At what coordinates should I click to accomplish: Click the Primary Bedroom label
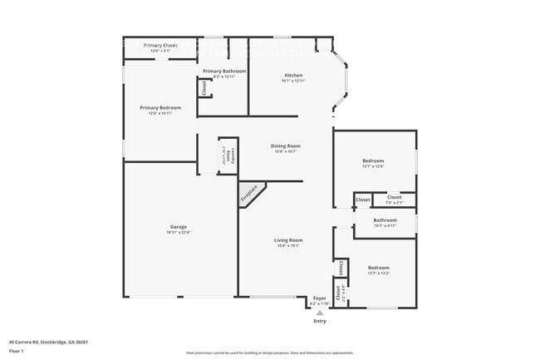tap(160, 108)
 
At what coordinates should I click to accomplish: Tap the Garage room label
tap(178, 226)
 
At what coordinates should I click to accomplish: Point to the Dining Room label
tap(284, 146)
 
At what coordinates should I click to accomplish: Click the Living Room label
tap(288, 240)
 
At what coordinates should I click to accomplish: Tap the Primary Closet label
tap(160, 45)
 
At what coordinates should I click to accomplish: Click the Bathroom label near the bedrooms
tap(385, 219)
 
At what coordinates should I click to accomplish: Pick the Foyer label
tap(320, 298)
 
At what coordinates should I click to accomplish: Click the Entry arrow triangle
tap(320, 313)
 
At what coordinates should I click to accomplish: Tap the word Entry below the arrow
tap(320, 321)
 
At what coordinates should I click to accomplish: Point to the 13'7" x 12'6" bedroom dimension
tap(372, 166)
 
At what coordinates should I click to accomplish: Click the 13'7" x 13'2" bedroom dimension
tap(379, 273)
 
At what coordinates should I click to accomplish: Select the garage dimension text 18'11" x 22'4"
tap(178, 232)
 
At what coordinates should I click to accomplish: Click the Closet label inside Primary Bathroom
tap(204, 87)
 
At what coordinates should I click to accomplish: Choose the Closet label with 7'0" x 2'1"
tap(394, 202)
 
